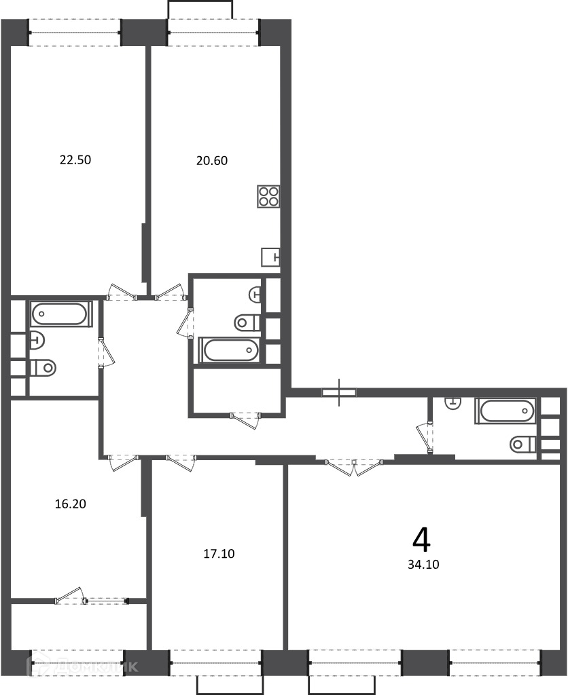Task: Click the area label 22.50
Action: pyautogui.click(x=75, y=159)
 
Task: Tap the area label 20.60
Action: pyautogui.click(x=212, y=160)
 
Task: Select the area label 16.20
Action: pyautogui.click(x=71, y=504)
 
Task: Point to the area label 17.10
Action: pyautogui.click(x=219, y=554)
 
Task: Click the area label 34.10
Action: pyautogui.click(x=424, y=564)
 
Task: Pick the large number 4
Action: pyautogui.click(x=421, y=540)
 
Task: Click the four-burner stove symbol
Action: pyautogui.click(x=268, y=196)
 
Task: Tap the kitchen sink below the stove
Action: pyautogui.click(x=270, y=257)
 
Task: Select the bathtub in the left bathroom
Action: pyautogui.click(x=62, y=314)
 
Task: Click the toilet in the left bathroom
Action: pyautogui.click(x=43, y=367)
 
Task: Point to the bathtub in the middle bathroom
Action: pyautogui.click(x=229, y=350)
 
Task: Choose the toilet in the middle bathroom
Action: pyautogui.click(x=247, y=322)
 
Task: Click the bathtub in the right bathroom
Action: pyautogui.click(x=505, y=411)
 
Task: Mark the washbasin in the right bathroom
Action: pyautogui.click(x=453, y=404)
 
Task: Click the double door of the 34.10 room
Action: pyautogui.click(x=354, y=468)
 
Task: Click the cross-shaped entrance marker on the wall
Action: pyautogui.click(x=340, y=392)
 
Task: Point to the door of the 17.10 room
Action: pyautogui.click(x=181, y=463)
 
